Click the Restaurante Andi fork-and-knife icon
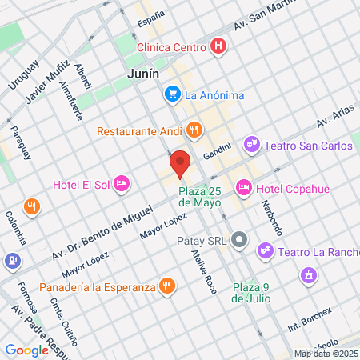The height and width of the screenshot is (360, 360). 193,130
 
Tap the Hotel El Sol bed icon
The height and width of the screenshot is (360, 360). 122,185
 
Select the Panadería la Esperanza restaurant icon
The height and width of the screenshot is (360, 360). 166,286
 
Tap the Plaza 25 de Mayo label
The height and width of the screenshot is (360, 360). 199,197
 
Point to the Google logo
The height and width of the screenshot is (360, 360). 26,350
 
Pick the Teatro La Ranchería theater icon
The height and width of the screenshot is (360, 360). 265,252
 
